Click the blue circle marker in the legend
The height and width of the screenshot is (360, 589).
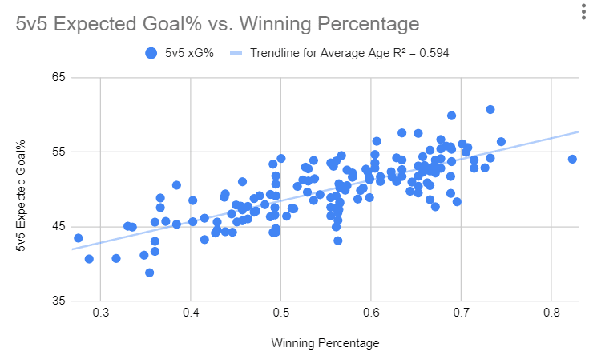150,54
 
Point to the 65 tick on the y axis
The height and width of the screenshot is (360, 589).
58,78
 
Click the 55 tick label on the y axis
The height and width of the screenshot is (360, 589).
58,152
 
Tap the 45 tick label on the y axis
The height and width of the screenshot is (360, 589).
58,227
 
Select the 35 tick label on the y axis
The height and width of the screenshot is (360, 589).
58,301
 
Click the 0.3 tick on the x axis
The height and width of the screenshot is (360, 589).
100,313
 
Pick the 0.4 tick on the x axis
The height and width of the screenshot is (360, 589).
190,313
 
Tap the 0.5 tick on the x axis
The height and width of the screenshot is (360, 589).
280,313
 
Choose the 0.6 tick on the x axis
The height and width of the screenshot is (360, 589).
370,313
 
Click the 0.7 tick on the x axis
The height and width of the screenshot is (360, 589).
461,313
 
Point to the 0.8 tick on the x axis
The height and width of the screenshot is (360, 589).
551,313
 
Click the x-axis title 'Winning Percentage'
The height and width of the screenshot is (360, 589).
325,342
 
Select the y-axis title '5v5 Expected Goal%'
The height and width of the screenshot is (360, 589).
21,189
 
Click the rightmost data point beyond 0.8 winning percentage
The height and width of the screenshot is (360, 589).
572,159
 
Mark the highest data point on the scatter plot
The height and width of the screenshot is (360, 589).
490,109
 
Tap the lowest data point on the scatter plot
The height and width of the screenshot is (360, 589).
150,273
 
